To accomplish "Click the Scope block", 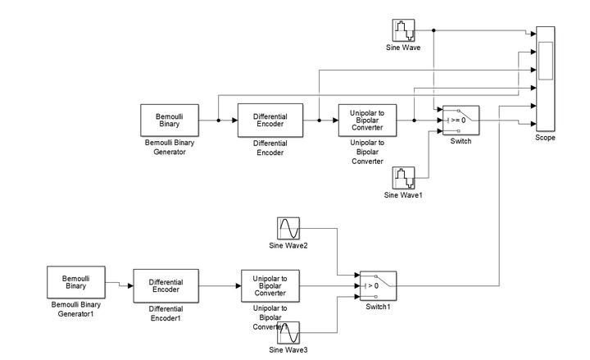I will coord(545,79).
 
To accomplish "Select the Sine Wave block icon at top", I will coord(404,30).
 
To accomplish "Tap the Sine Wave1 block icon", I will coord(404,178).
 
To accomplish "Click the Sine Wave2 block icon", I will coord(288,227).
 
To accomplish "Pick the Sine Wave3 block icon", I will coord(288,334).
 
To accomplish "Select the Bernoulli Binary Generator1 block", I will coord(75,284).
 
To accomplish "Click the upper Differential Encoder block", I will coord(270,120).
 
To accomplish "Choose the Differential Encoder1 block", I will coord(165,285).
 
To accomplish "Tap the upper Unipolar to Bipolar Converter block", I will coord(366,120).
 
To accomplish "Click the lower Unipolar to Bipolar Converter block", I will coord(270,285).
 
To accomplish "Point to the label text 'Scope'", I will coord(545,138).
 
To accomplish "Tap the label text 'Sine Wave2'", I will coord(289,245).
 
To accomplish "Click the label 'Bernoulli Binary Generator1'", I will coord(75,308).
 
